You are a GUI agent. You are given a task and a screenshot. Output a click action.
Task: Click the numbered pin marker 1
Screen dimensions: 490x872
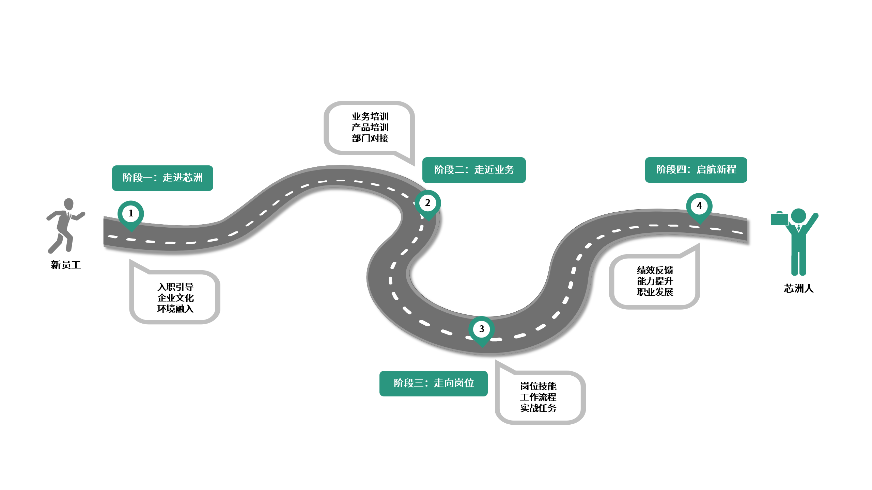(x=130, y=214)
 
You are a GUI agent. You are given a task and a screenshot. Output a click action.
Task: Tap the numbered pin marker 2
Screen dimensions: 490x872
(x=427, y=203)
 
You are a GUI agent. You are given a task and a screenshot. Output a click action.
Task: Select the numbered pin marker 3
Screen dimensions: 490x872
(x=481, y=329)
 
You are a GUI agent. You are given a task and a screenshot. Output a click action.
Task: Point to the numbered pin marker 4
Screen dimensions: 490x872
(x=699, y=206)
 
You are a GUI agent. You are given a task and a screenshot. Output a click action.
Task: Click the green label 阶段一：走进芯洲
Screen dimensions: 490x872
(x=162, y=178)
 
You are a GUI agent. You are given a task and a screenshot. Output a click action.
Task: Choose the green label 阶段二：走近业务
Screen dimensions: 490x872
(x=474, y=170)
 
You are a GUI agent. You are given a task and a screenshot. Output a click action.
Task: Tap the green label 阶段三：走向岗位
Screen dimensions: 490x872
(x=433, y=383)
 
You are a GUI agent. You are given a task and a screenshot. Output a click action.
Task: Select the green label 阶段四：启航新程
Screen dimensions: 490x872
(x=696, y=170)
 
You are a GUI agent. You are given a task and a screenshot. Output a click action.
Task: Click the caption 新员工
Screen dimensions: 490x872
(x=66, y=265)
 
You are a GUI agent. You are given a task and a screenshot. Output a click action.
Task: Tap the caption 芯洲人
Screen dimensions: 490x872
(x=799, y=289)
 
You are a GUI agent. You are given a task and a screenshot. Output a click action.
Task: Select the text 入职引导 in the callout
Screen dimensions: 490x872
(x=175, y=287)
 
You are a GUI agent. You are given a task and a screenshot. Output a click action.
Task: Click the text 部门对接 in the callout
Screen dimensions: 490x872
(x=370, y=138)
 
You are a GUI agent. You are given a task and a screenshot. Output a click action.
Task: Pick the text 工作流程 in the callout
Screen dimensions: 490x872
(x=538, y=397)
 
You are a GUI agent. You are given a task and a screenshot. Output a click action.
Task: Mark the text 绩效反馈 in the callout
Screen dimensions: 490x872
(x=655, y=270)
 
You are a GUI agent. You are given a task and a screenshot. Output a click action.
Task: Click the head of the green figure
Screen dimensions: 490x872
(x=798, y=216)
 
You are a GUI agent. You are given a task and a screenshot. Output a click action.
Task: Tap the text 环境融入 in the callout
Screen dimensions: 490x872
(x=175, y=309)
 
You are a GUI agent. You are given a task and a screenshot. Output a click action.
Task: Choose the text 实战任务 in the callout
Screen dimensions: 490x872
(x=538, y=408)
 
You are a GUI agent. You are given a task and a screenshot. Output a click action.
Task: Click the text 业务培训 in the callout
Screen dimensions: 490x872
(x=370, y=117)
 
